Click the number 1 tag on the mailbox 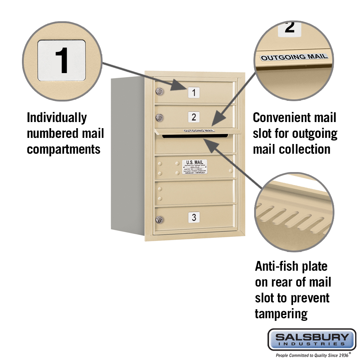coord(194,93)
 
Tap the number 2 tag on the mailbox coord(194,117)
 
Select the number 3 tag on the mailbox coord(194,217)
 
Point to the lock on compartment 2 coord(159,117)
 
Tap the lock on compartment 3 coord(159,219)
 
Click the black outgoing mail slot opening coord(195,136)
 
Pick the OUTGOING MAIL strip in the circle coord(294,57)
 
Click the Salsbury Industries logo coord(312,339)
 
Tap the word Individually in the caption coord(57,118)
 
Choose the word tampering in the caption coord(281,314)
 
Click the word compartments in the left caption coord(64,149)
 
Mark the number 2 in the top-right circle coord(289,27)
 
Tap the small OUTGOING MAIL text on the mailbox coord(199,130)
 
